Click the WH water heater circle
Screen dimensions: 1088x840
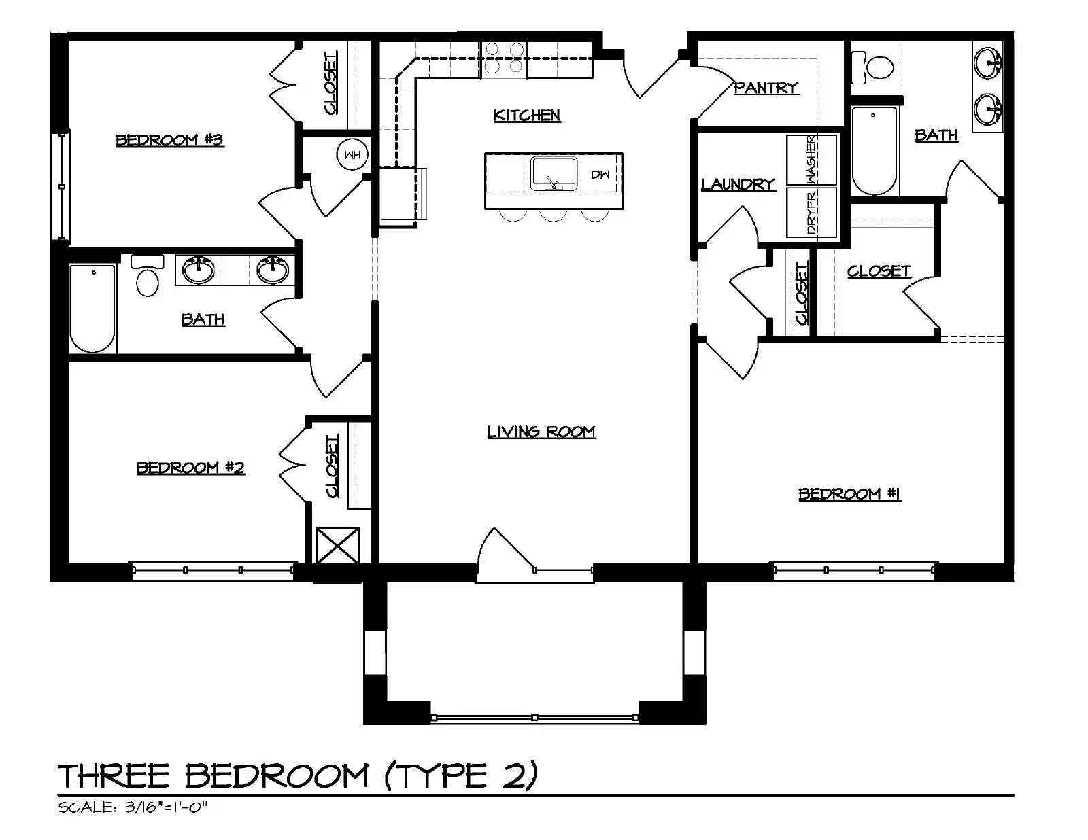tap(352, 154)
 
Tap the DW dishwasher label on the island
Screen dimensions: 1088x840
tap(600, 175)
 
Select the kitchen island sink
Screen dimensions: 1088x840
tap(554, 173)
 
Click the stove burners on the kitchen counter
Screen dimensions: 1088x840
tap(504, 58)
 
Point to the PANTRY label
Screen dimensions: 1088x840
tap(766, 88)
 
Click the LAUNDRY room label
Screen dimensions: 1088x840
tap(738, 184)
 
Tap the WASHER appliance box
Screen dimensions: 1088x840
tap(811, 160)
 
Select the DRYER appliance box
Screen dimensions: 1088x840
tap(811, 211)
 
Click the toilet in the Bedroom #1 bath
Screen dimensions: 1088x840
tap(872, 67)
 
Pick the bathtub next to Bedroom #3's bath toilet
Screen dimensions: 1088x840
tap(92, 309)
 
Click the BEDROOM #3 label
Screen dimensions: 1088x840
tap(169, 140)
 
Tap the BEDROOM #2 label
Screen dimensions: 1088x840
tap(191, 468)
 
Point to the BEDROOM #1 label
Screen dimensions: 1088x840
tap(850, 494)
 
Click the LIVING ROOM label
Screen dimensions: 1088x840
tap(542, 432)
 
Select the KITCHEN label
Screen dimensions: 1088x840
tap(527, 116)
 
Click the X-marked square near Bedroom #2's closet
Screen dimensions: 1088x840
tap(337, 545)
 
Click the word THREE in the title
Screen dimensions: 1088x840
tap(114, 776)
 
